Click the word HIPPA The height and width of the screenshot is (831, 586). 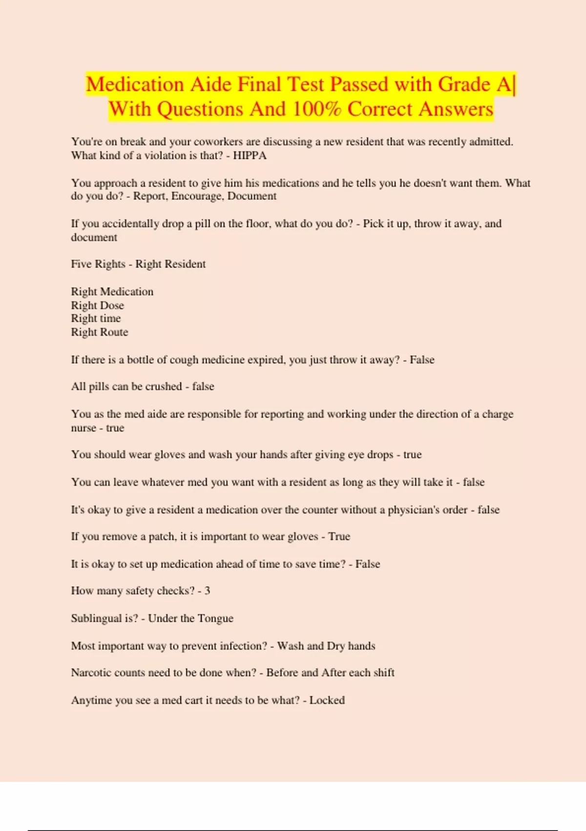[x=250, y=155]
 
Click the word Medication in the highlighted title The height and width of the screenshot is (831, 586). [x=135, y=85]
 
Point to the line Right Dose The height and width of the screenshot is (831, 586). [x=97, y=305]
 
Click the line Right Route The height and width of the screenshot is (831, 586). [x=99, y=332]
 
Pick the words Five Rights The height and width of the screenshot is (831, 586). [x=98, y=264]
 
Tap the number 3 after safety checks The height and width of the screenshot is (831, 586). [x=207, y=590]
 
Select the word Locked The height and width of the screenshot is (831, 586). [x=327, y=700]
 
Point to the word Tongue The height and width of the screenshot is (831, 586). [x=215, y=618]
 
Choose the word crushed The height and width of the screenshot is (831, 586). [x=163, y=386]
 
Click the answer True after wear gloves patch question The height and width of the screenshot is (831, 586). [x=339, y=536]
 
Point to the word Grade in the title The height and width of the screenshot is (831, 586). [x=464, y=85]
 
